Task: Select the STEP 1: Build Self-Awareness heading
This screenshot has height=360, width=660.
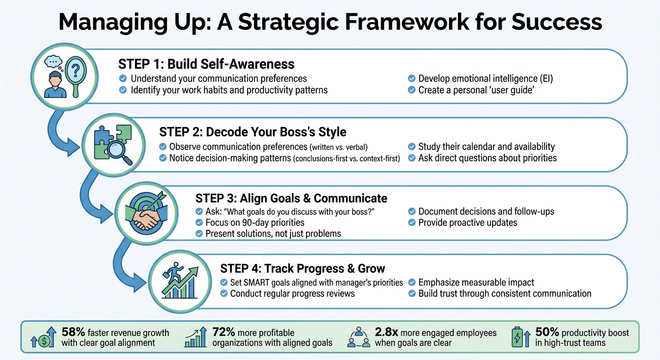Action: [206, 64]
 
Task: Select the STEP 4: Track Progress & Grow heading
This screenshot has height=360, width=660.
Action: [302, 269]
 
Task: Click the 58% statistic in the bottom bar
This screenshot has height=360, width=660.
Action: [73, 332]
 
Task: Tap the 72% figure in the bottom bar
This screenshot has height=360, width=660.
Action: [224, 332]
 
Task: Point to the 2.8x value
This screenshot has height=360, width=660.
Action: [387, 332]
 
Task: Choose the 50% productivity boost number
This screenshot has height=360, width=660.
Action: [547, 332]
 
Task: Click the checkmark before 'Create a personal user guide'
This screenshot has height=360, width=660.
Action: [412, 90]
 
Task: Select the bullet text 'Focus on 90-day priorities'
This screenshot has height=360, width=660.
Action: [255, 222]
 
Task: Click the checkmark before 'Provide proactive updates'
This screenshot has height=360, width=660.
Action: [412, 222]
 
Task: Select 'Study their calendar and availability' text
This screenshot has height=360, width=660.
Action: [486, 147]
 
